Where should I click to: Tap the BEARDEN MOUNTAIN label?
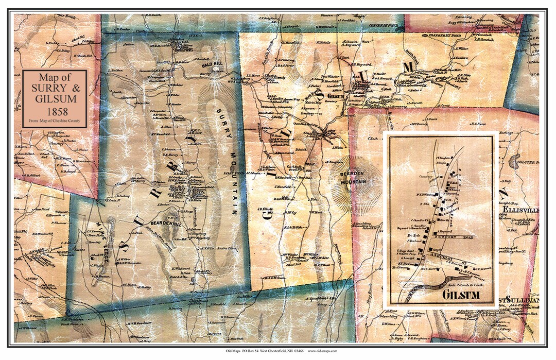click(x=353, y=178)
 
